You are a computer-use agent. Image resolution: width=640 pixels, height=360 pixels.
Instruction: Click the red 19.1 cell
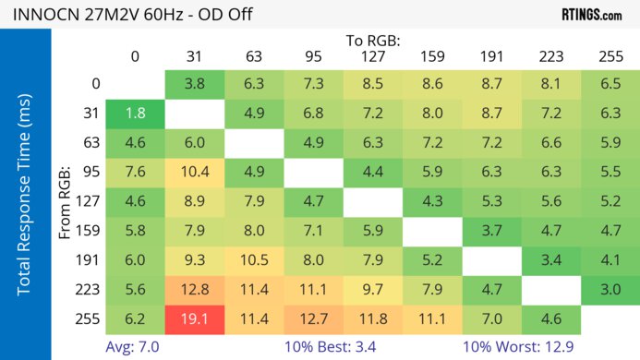(194, 319)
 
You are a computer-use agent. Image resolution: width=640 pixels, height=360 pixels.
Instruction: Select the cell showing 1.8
(135, 114)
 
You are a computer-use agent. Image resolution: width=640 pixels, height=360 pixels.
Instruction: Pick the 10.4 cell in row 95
(194, 173)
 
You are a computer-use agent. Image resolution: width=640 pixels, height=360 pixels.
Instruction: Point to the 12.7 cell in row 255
(313, 319)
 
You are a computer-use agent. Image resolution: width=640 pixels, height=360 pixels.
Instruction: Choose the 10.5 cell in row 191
(254, 261)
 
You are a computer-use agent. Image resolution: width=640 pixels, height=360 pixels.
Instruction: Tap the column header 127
(373, 56)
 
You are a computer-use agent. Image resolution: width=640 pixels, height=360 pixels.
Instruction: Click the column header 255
(610, 56)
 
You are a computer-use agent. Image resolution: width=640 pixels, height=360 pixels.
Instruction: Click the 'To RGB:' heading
(373, 41)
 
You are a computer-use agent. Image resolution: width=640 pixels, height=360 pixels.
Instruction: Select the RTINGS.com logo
(591, 14)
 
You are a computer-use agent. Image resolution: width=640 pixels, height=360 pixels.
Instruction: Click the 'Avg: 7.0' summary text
(136, 346)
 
